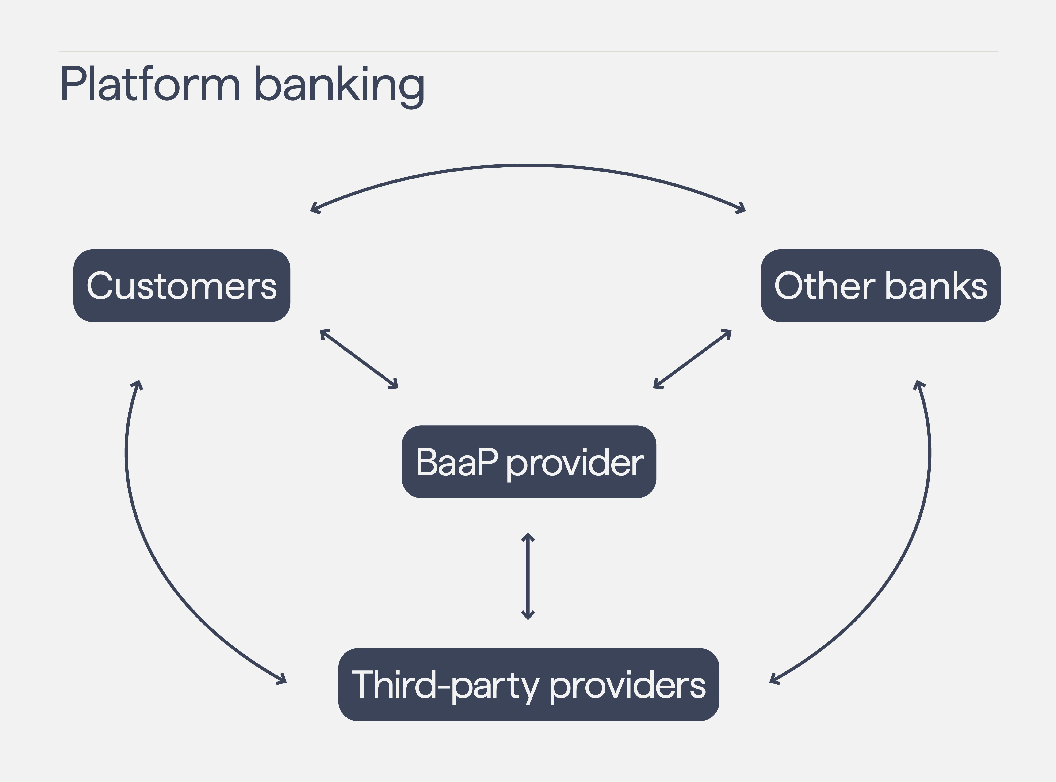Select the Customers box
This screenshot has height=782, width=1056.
tap(182, 286)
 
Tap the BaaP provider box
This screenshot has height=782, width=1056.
tap(529, 462)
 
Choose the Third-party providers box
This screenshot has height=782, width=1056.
tap(529, 684)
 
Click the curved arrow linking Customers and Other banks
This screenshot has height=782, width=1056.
tap(528, 165)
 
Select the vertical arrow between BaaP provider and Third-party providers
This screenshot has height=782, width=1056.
tap(528, 576)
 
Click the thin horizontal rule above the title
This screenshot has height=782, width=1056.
tap(528, 51)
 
